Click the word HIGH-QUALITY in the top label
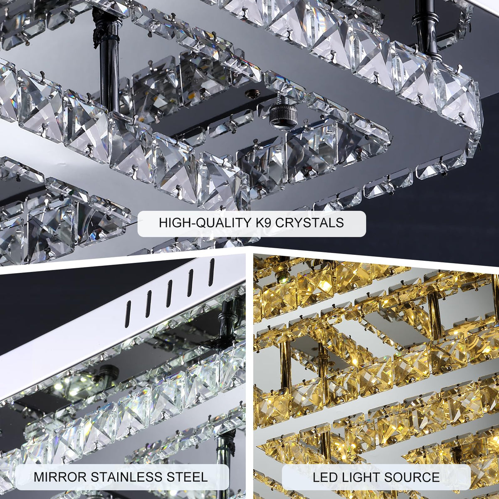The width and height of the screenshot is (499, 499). pyautogui.click(x=206, y=223)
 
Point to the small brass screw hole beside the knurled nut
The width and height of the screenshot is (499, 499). pyautogui.click(x=251, y=92)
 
